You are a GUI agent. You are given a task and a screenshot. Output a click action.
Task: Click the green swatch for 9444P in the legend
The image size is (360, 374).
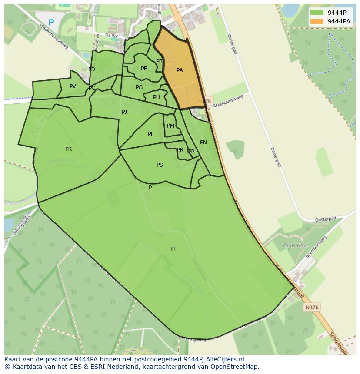coord(317,13)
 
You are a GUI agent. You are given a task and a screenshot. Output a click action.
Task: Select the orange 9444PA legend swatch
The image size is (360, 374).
coord(317,21)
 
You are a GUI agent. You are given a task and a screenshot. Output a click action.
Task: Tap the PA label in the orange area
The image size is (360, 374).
coord(180,70)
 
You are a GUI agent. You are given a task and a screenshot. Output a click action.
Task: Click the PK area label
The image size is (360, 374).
coord(68,149)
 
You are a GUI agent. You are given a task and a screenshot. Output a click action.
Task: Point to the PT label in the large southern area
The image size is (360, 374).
coord(173,249)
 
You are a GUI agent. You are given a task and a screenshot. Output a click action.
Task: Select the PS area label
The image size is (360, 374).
coord(160,165)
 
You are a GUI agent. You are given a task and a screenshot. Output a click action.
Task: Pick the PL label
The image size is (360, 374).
coord(150,134)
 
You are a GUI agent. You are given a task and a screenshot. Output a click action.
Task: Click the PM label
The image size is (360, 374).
coord(170,126)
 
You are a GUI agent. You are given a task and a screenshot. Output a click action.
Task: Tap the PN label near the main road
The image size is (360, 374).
coord(203,142)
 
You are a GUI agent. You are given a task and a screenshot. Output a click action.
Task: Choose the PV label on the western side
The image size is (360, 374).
coord(73,86)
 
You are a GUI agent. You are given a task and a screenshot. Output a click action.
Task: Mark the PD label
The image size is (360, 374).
coord(92,70)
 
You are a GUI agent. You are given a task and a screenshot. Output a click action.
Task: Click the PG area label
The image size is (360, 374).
coord(139,87)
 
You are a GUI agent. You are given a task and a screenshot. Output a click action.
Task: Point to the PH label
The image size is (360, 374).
coord(156,97)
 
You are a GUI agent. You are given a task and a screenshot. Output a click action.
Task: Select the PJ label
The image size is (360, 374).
coord(124,112)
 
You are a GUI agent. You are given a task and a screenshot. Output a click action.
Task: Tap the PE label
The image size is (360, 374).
coord(144,69)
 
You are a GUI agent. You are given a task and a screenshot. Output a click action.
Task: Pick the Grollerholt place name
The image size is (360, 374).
coord(295,245)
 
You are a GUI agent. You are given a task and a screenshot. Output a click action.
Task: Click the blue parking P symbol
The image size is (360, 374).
coord(51,23)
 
